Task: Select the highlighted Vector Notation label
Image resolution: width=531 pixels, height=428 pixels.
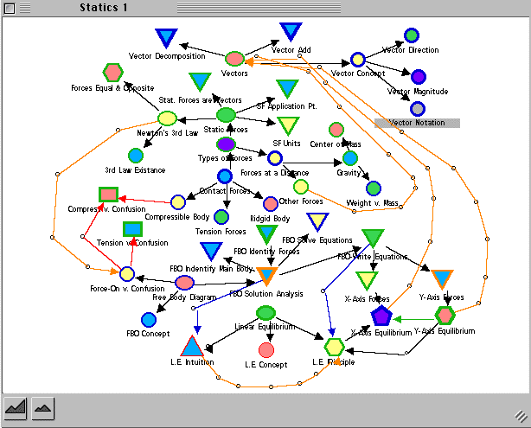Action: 418,123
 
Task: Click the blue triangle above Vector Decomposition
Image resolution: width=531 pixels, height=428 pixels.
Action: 166,38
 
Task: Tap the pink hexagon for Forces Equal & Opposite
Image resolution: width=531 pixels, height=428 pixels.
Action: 112,73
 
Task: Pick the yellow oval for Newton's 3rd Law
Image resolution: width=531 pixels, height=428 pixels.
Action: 167,118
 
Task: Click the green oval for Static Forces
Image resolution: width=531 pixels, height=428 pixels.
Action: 226,114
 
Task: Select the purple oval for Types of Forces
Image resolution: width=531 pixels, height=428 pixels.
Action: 226,144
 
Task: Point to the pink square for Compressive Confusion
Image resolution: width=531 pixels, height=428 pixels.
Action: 108,195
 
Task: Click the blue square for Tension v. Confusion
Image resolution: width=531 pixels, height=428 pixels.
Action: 132,229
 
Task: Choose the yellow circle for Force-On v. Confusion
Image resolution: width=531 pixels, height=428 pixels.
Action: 126,274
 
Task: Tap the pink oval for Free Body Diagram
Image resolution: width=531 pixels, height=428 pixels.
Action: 184,283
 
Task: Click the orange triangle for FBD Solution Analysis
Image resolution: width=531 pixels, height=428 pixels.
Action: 266,278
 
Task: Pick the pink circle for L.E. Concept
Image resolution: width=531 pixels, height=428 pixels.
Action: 266,349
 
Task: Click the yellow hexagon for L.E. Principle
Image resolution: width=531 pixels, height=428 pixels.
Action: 334,347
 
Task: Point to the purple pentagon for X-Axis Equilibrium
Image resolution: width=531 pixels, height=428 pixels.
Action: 382,316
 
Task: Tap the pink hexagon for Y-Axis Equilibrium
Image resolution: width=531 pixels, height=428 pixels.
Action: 445,315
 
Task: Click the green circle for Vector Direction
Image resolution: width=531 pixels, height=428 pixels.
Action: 412,35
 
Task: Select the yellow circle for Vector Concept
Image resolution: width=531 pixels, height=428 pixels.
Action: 358,60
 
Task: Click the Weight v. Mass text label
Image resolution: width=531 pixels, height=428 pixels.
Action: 370,202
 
